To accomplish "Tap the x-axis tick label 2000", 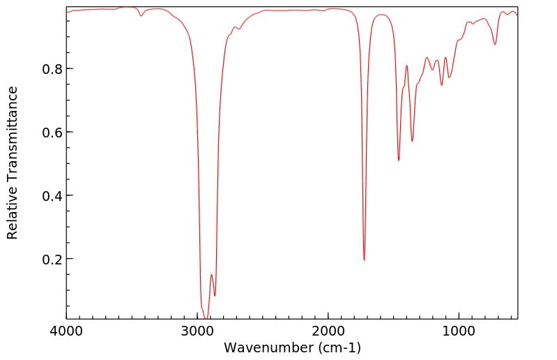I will point(328,330).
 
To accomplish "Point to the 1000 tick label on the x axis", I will point(458,330).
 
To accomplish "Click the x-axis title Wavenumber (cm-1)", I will point(292,347).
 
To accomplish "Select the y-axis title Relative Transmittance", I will point(13,163).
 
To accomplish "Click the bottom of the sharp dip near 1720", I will point(364,260).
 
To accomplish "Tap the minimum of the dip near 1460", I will point(399,160).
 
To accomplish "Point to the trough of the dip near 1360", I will point(412,142).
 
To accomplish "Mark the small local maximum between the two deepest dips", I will point(211,275).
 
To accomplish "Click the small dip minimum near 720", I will point(495,45).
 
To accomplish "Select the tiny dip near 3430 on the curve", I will point(142,16).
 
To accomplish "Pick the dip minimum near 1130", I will point(441,85).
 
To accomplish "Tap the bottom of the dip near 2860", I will point(215,296).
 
